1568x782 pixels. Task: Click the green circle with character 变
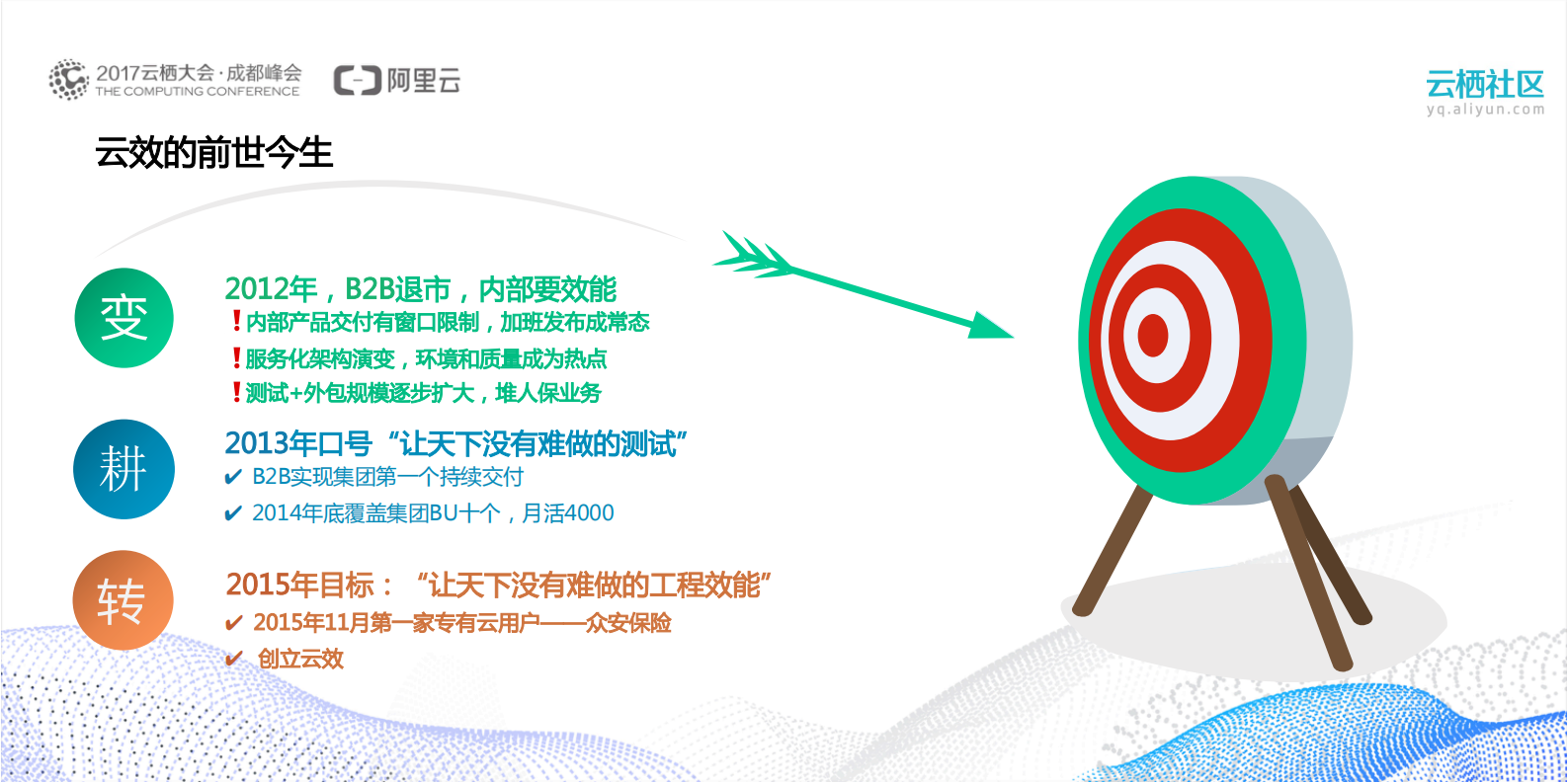(124, 318)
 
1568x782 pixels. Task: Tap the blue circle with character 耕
(124, 469)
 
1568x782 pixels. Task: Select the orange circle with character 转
(123, 600)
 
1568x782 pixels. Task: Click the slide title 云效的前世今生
(213, 153)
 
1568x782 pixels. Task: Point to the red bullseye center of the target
(1153, 336)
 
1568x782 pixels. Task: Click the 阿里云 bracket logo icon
(357, 80)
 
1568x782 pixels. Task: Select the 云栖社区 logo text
(1484, 84)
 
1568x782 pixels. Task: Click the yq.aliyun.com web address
(1484, 110)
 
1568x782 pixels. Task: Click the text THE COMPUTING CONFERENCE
(198, 92)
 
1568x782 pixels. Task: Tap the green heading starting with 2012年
(420, 289)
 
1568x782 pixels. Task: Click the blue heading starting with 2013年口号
(455, 443)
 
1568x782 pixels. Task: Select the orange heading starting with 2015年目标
(498, 585)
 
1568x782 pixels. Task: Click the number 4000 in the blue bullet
(590, 513)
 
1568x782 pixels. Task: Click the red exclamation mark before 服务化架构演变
(236, 357)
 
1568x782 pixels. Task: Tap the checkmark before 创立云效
(234, 659)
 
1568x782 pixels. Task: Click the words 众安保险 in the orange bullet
(628, 623)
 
